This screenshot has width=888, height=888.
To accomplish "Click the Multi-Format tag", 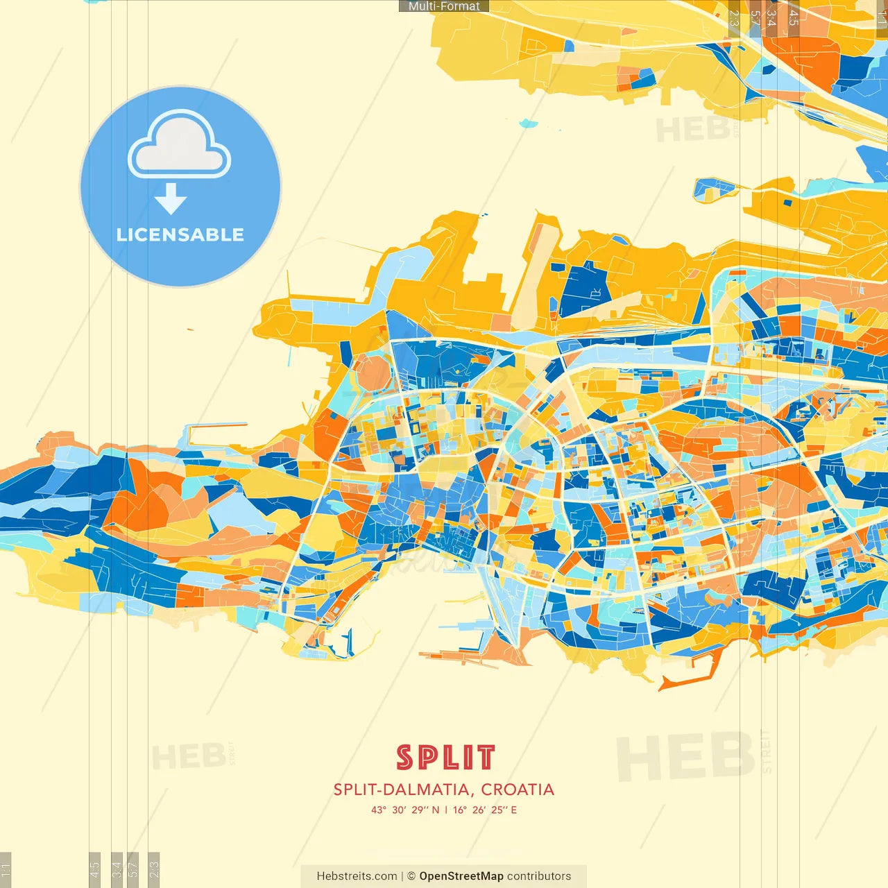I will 444,6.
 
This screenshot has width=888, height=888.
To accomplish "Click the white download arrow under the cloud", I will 171,199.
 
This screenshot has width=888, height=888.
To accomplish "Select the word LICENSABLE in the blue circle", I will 180,234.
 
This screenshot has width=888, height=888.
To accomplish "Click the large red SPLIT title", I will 445,758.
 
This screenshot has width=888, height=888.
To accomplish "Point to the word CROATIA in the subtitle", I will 518,789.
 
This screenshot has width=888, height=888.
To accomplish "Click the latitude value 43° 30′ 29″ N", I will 405,810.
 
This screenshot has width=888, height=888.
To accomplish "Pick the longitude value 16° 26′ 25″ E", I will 485,810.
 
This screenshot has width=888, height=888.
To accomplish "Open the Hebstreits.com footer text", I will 357,876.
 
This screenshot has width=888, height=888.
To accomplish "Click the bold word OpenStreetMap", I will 461,876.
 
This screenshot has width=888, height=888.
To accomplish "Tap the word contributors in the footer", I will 539,876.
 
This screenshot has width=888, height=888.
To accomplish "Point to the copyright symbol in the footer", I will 411,876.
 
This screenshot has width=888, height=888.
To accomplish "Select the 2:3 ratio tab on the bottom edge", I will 154,869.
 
